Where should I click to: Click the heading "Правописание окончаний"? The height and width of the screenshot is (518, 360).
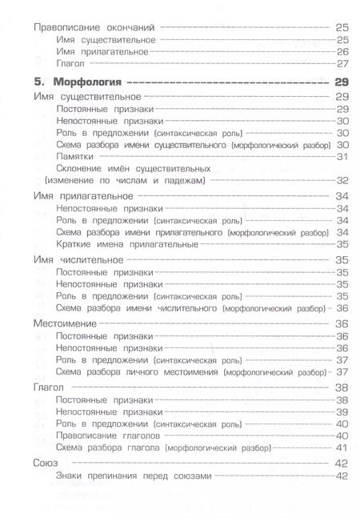pyautogui.click(x=90, y=26)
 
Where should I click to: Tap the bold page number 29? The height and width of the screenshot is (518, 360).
pyautogui.click(x=342, y=82)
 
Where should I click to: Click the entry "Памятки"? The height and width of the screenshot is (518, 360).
pyautogui.click(x=76, y=156)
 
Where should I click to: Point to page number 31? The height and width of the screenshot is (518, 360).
pyautogui.click(x=342, y=156)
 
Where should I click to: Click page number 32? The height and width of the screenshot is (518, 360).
pyautogui.click(x=342, y=181)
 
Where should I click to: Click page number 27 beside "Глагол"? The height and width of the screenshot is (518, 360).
pyautogui.click(x=342, y=63)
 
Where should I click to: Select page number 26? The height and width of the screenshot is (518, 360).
pyautogui.click(x=342, y=51)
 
